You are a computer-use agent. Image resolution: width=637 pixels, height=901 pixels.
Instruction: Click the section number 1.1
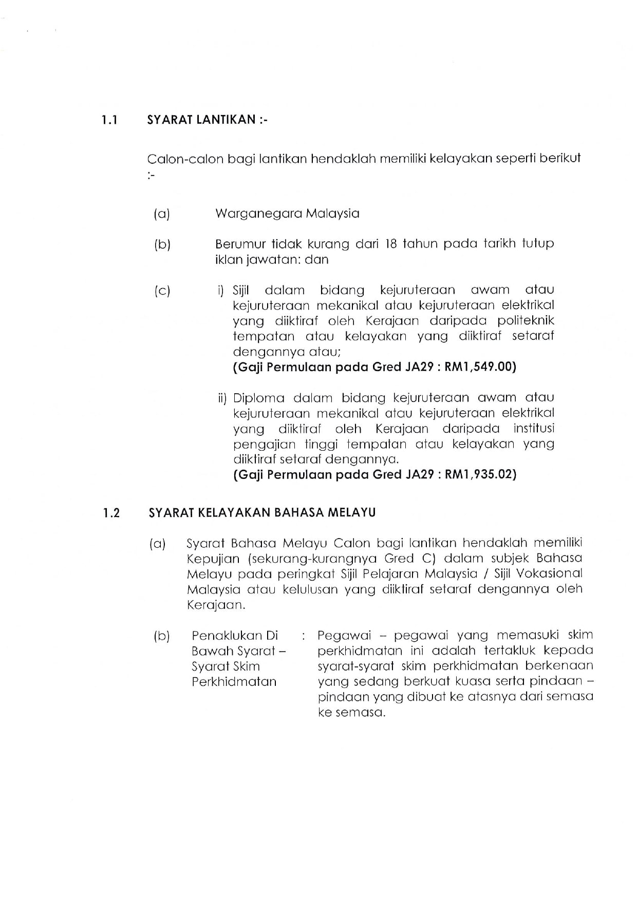[109, 120]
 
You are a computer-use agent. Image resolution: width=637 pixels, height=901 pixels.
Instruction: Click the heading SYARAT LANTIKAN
[201, 120]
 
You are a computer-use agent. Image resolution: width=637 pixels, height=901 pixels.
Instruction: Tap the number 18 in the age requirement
[391, 243]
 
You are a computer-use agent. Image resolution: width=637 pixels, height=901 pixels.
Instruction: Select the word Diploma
[258, 398]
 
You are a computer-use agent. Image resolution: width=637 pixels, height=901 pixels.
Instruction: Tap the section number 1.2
[111, 513]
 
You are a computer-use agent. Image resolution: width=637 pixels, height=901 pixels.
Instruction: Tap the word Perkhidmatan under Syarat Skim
[234, 682]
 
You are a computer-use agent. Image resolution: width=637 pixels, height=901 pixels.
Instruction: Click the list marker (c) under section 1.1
[162, 291]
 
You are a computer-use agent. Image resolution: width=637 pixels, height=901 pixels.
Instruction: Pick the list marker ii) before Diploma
[222, 398]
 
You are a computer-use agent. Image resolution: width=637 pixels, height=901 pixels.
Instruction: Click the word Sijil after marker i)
[240, 290]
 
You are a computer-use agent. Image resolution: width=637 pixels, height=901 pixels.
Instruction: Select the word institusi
[534, 429]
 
